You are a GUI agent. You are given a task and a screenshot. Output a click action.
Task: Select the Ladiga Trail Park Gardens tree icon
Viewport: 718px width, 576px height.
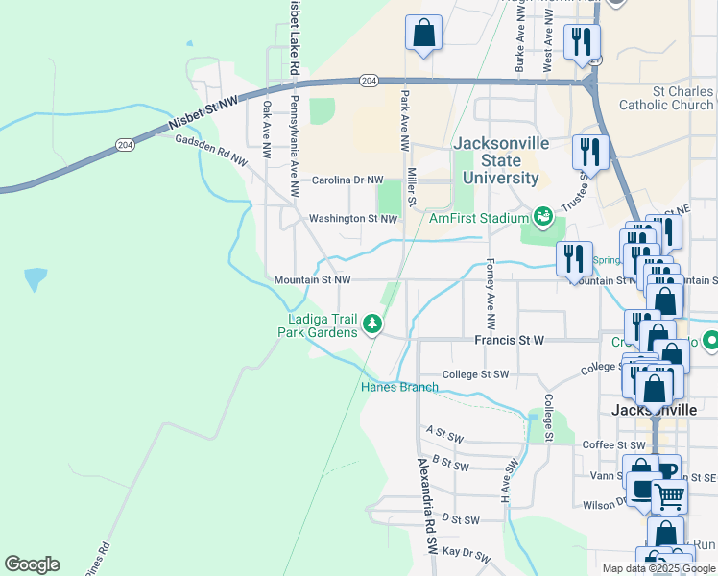(371, 326)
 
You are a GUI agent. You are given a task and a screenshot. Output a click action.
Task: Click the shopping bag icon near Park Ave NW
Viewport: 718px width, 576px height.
(423, 35)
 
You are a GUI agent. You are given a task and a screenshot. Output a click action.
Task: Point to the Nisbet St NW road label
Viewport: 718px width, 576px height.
(202, 111)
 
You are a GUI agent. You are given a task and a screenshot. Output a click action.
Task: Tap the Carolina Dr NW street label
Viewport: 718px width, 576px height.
(347, 180)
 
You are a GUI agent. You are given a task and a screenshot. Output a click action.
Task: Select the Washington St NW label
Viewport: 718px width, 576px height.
(352, 219)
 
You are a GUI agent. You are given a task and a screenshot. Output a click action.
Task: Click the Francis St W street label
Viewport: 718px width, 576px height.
(509, 340)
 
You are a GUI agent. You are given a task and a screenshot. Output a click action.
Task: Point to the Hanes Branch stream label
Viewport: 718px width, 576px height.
(399, 388)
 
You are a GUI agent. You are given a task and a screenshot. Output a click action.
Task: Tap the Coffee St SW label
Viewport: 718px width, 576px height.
(614, 445)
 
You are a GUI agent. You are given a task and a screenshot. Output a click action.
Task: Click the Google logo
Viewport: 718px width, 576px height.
(32, 564)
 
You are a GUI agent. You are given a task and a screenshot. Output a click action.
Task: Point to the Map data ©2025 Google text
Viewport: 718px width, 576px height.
(658, 568)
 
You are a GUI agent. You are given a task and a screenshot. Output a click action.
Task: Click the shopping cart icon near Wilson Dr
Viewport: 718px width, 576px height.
(670, 496)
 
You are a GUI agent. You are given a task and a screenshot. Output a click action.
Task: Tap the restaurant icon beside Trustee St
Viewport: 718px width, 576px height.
(590, 153)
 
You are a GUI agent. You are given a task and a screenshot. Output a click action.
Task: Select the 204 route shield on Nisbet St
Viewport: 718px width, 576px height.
(369, 81)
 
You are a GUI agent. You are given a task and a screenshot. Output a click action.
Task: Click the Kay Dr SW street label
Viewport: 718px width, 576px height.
(467, 556)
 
